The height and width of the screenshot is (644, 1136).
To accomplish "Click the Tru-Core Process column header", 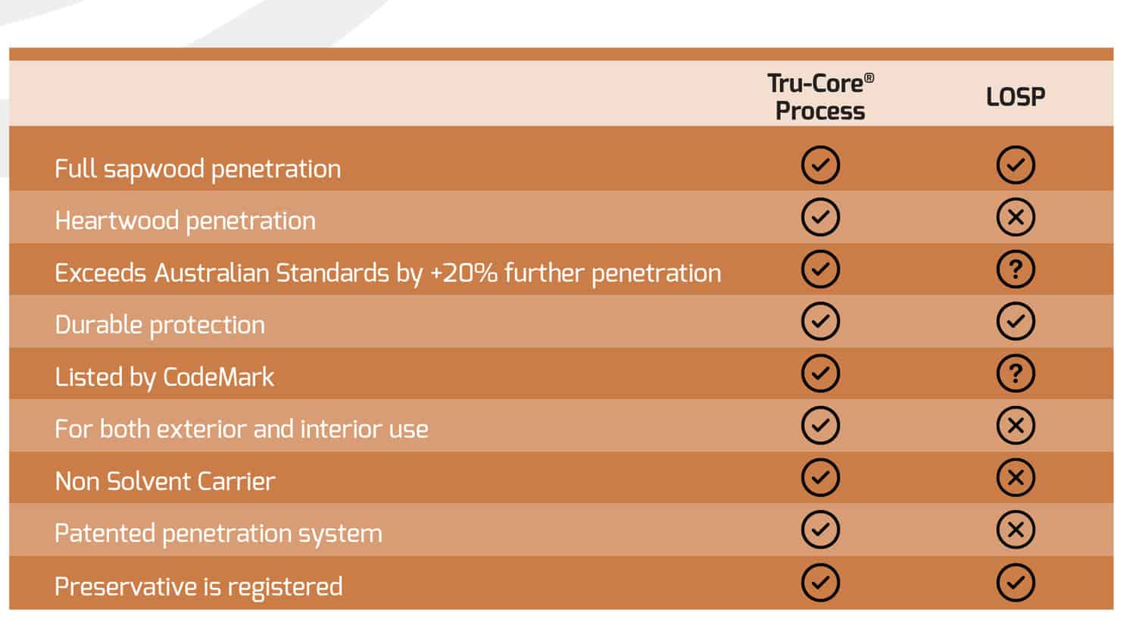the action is pos(820,97).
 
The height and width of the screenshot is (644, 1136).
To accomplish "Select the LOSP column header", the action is pos(1016,96).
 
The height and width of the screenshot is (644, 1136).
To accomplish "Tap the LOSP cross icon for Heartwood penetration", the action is pos(1016,217).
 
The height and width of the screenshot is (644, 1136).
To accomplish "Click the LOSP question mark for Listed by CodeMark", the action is pos(1016,374).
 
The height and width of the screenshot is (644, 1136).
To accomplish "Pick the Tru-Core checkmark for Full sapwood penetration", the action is pos(820,165).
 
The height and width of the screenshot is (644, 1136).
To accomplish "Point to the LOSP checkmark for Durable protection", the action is pos(1016,321).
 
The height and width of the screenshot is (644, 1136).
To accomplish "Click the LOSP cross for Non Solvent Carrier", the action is pos(1016,477).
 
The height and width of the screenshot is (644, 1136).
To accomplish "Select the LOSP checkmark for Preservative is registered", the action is pos(1016,582).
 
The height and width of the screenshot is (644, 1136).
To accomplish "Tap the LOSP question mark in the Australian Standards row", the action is pos(1016,269).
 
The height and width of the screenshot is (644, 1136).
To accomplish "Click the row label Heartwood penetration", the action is pos(185,221).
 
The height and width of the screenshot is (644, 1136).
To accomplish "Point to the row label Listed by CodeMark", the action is pos(164,377).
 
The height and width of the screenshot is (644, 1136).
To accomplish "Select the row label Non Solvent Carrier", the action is pos(165,481).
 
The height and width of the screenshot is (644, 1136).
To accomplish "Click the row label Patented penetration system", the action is pos(219,534).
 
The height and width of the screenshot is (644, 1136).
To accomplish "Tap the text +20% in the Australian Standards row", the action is pos(463,273).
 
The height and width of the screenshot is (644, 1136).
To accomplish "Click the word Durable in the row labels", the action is pos(98,325).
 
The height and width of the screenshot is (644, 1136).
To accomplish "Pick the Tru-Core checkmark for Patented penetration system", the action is pos(820,530).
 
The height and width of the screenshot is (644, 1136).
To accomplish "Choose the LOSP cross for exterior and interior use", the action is pos(1016,425).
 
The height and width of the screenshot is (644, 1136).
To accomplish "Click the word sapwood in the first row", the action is pos(154,170).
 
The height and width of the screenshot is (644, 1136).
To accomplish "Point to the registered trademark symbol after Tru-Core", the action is pos(869,77).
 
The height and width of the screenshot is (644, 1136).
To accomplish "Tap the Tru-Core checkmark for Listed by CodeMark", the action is pos(820,374).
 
